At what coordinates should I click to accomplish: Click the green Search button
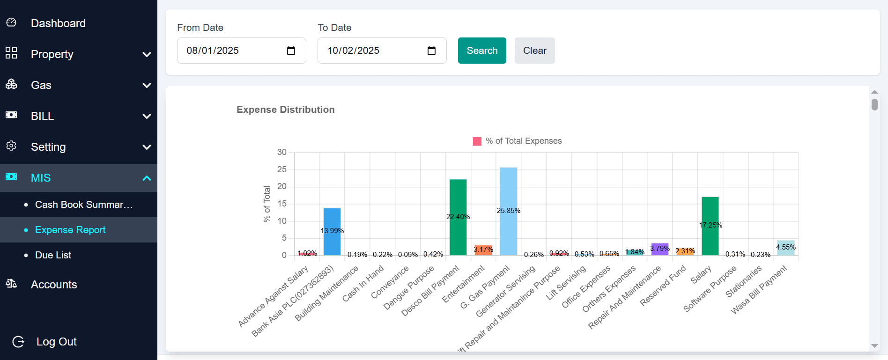click(x=482, y=51)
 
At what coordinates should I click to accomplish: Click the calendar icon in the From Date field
click(x=291, y=51)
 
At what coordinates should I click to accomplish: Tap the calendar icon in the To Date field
click(x=431, y=51)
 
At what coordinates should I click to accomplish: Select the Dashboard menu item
click(x=58, y=23)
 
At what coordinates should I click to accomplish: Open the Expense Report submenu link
click(x=70, y=230)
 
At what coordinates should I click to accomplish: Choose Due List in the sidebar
click(x=53, y=255)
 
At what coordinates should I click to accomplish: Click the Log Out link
click(x=56, y=342)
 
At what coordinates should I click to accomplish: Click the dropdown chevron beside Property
click(x=147, y=54)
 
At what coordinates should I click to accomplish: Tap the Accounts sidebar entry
click(x=54, y=285)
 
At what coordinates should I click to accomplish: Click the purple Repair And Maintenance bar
click(x=659, y=249)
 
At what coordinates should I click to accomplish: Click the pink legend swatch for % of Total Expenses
click(x=477, y=141)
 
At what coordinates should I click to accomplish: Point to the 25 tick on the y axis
click(x=282, y=169)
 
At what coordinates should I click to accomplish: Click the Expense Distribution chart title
click(x=286, y=110)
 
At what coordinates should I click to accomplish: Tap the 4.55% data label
click(x=786, y=247)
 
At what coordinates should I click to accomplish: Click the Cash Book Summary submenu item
click(x=84, y=205)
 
